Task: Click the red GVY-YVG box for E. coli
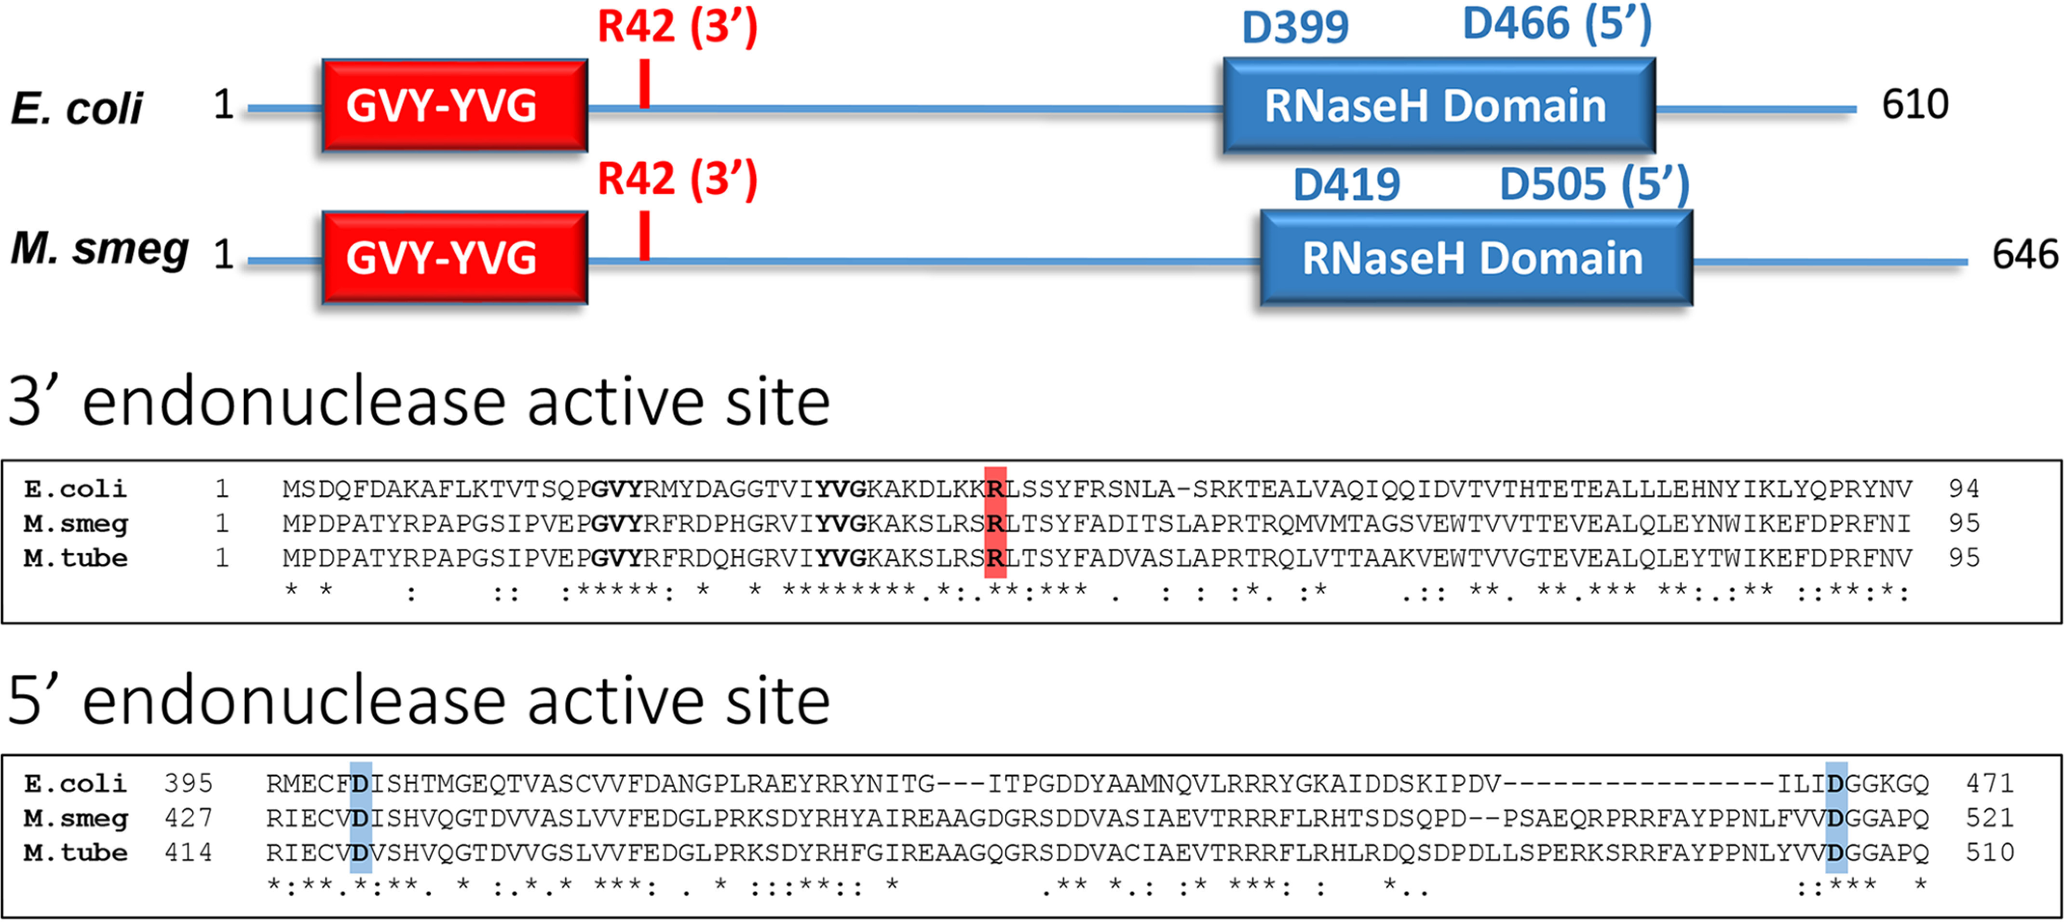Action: tap(454, 105)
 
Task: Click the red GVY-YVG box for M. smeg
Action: tap(454, 257)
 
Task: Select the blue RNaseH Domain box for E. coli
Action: tap(1438, 105)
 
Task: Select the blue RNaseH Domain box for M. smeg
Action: tap(1475, 257)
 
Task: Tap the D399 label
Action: tap(1295, 27)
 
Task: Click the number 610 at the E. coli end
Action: tap(1915, 104)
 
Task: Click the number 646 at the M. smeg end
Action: tap(2025, 254)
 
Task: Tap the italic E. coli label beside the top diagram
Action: tap(77, 108)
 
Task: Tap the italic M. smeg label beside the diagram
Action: tap(99, 249)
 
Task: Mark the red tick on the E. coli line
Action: tap(644, 84)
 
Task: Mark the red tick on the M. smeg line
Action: tap(644, 236)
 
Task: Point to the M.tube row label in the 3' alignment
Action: tap(75, 558)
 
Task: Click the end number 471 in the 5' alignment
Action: tap(1989, 782)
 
